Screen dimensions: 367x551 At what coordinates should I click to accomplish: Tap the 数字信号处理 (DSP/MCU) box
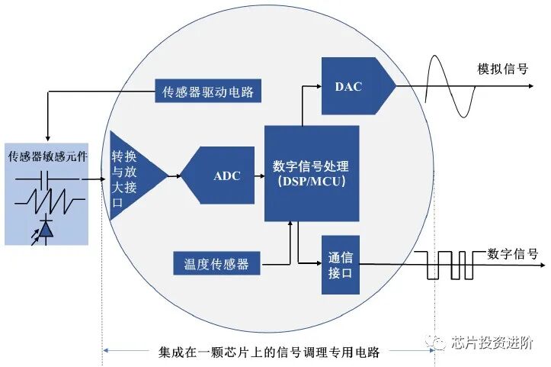pos(311,172)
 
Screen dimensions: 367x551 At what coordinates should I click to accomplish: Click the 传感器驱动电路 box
pos(207,92)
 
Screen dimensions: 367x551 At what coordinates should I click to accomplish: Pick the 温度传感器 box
pos(216,264)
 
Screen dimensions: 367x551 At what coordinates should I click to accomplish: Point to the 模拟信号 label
pos(502,69)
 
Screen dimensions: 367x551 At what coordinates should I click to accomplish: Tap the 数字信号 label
pos(512,253)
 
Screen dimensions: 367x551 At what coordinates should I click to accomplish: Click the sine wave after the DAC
pos(449,85)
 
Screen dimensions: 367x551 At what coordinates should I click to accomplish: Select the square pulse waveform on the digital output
pos(450,265)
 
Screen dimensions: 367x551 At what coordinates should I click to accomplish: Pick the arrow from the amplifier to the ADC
pos(173,175)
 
